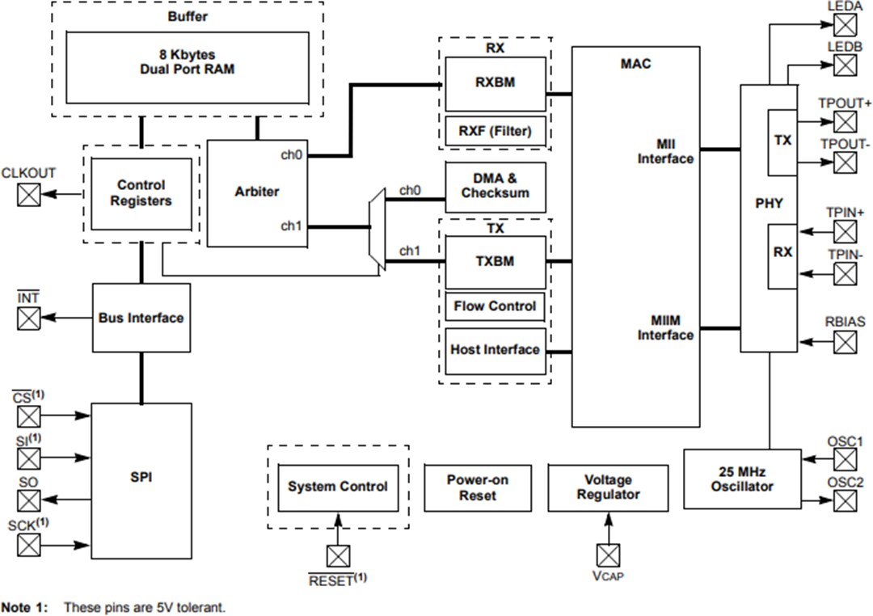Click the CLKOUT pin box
tap(29, 194)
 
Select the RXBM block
tap(496, 83)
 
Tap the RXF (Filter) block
tap(496, 131)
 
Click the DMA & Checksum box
tap(496, 187)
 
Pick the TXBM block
tap(496, 262)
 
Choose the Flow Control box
tap(496, 306)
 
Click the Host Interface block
tap(496, 350)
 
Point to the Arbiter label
tap(257, 192)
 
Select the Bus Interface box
tap(141, 318)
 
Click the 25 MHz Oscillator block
tap(742, 479)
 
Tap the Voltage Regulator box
tap(608, 487)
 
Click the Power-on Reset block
tap(478, 487)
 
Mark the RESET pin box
tap(338, 556)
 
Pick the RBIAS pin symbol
tap(845, 342)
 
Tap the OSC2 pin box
tap(845, 501)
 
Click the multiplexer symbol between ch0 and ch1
tap(375, 227)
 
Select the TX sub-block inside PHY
tap(782, 141)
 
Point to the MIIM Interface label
tap(665, 327)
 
